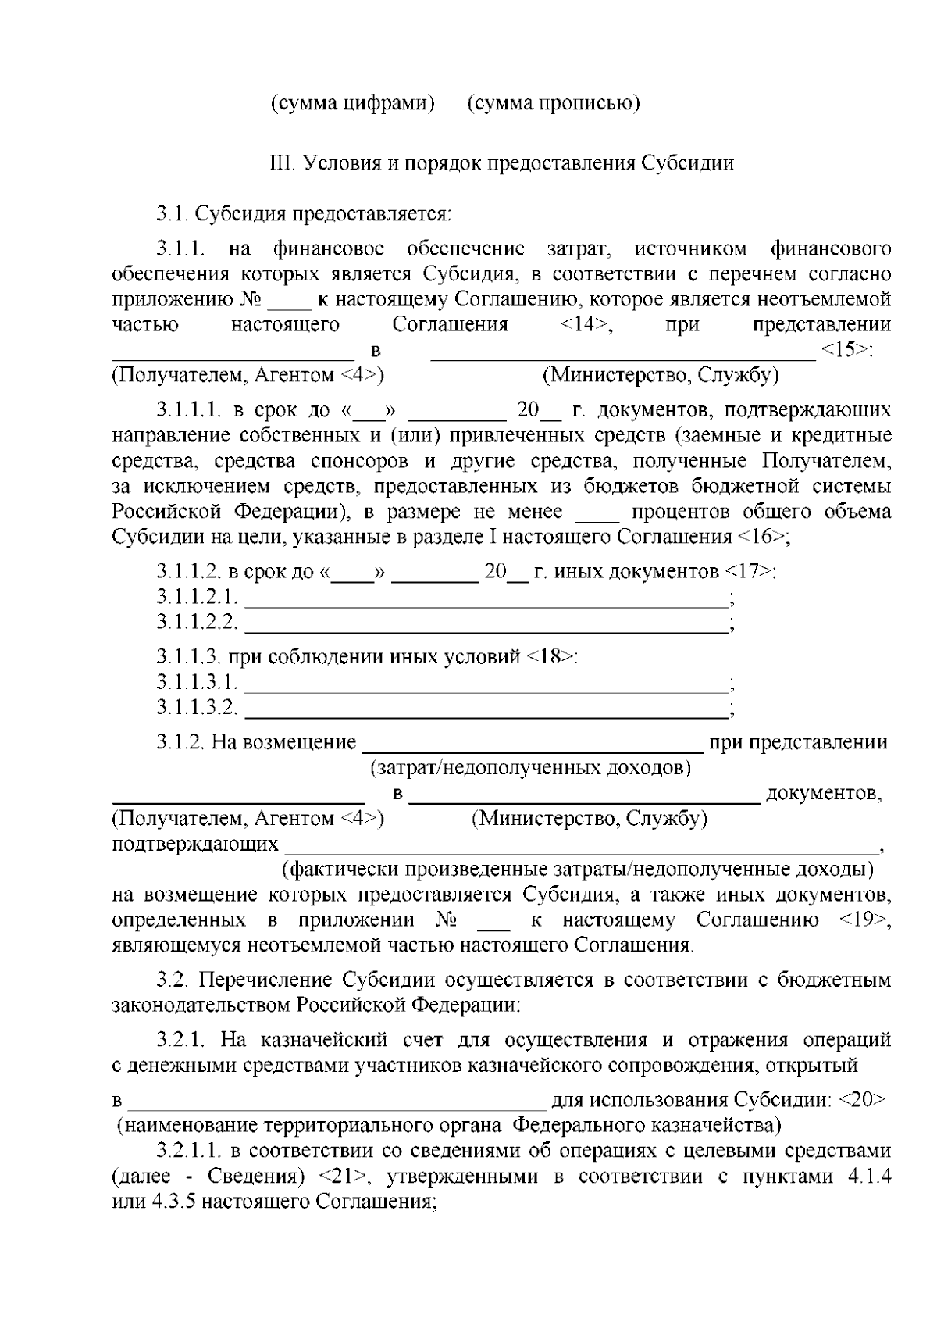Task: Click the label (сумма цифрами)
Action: point(352,103)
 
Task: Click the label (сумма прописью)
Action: point(554,103)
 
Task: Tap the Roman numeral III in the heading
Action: point(279,163)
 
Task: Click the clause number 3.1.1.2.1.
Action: point(197,598)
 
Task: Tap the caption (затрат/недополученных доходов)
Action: point(530,768)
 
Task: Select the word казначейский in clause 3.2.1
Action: point(324,1040)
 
